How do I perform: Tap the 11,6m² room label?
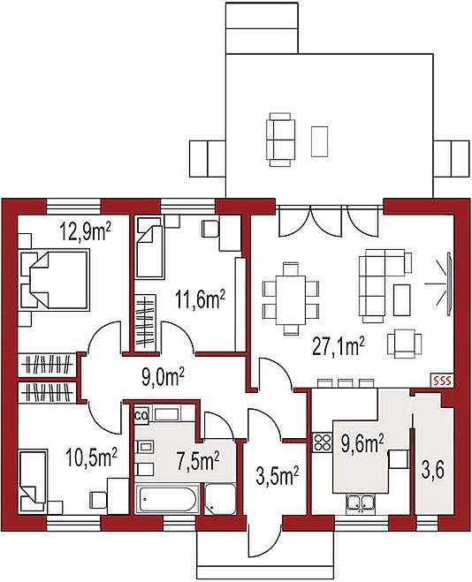(201, 300)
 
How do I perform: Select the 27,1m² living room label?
(339, 347)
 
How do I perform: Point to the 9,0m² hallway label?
(164, 377)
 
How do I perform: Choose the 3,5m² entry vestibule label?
(278, 477)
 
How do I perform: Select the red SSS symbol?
(442, 381)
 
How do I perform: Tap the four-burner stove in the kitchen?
(322, 442)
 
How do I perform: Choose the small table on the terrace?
(319, 141)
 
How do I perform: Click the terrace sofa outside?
(278, 140)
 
